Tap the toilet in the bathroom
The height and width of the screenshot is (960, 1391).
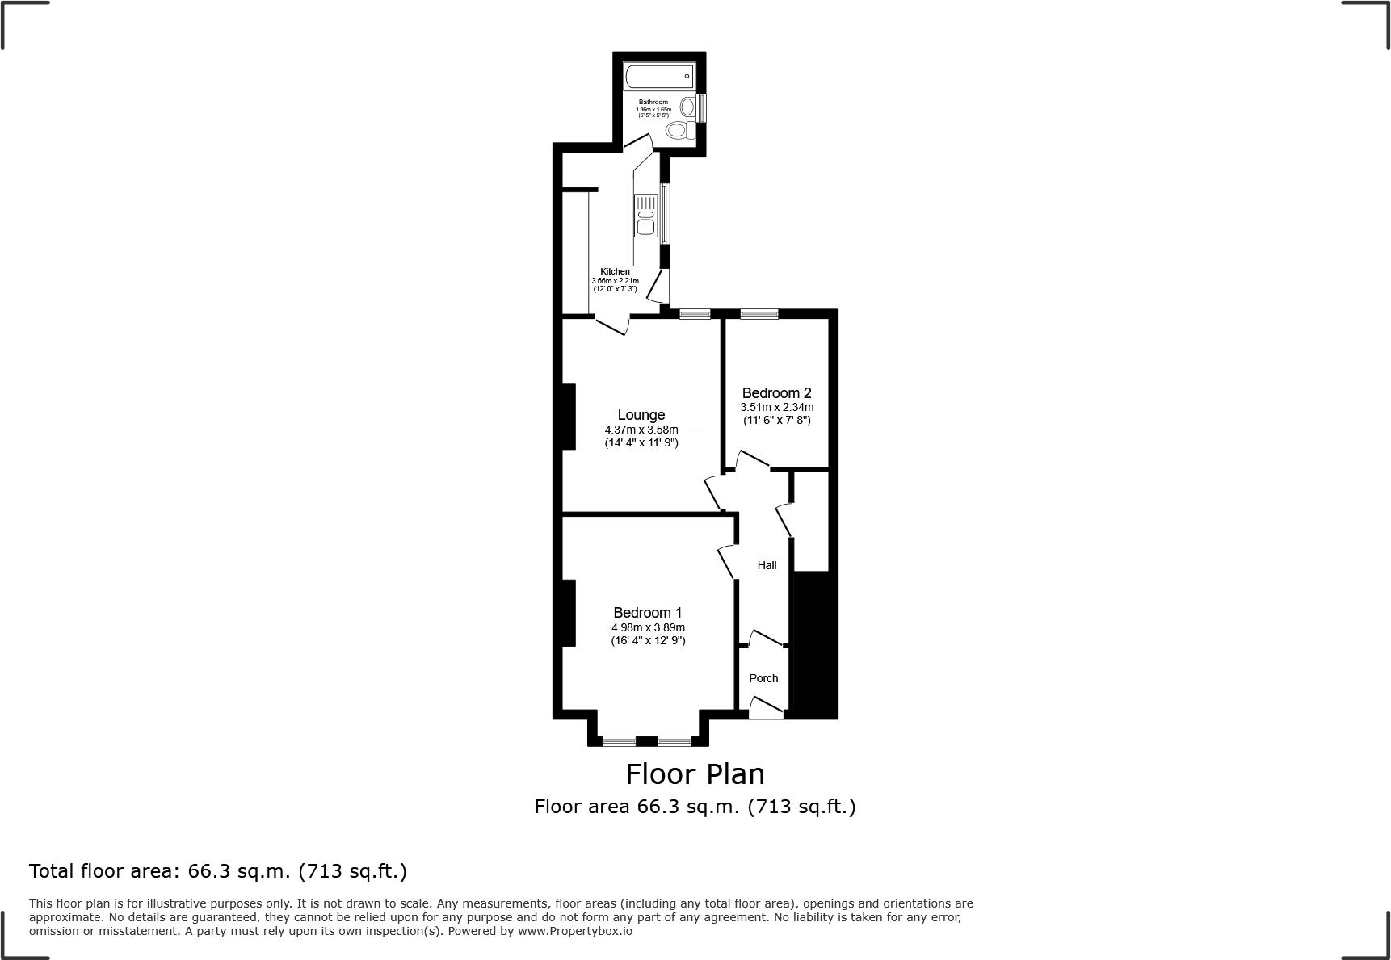tap(681, 131)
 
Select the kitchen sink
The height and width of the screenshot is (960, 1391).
tap(645, 216)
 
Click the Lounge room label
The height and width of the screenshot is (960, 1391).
tap(641, 415)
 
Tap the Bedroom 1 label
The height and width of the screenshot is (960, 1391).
tap(648, 613)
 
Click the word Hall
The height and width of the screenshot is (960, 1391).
tap(767, 565)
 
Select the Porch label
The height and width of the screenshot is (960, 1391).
tap(763, 678)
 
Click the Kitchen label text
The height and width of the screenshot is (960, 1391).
tap(615, 271)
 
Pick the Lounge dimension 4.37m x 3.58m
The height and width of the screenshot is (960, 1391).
tap(641, 430)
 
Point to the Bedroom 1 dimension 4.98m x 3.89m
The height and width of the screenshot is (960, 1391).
tap(648, 627)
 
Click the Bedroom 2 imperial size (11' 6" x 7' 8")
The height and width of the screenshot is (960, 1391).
tap(776, 420)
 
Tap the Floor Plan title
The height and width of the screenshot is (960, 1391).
tap(695, 774)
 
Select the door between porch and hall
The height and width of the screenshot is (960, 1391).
tap(764, 639)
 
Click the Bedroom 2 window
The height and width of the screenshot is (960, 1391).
tap(759, 314)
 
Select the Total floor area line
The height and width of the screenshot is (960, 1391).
tap(217, 871)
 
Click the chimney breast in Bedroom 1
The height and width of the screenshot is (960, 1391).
tap(568, 613)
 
